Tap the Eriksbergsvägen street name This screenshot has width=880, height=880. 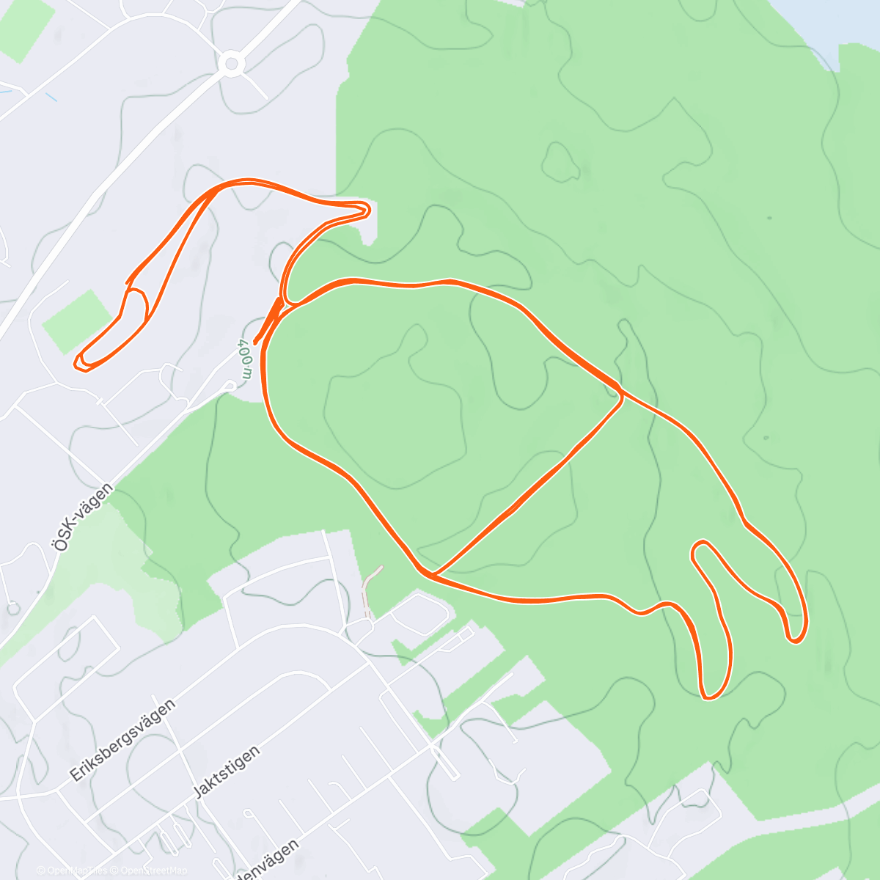tap(122, 741)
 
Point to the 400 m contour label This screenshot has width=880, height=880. tap(245, 359)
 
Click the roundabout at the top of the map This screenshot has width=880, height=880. tap(232, 64)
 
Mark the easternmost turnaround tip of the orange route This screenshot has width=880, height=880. tap(796, 639)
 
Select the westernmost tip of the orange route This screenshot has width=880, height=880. tap(78, 362)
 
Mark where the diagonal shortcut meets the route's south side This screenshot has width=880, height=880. tap(433, 573)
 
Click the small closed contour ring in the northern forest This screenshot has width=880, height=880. tap(561, 161)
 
